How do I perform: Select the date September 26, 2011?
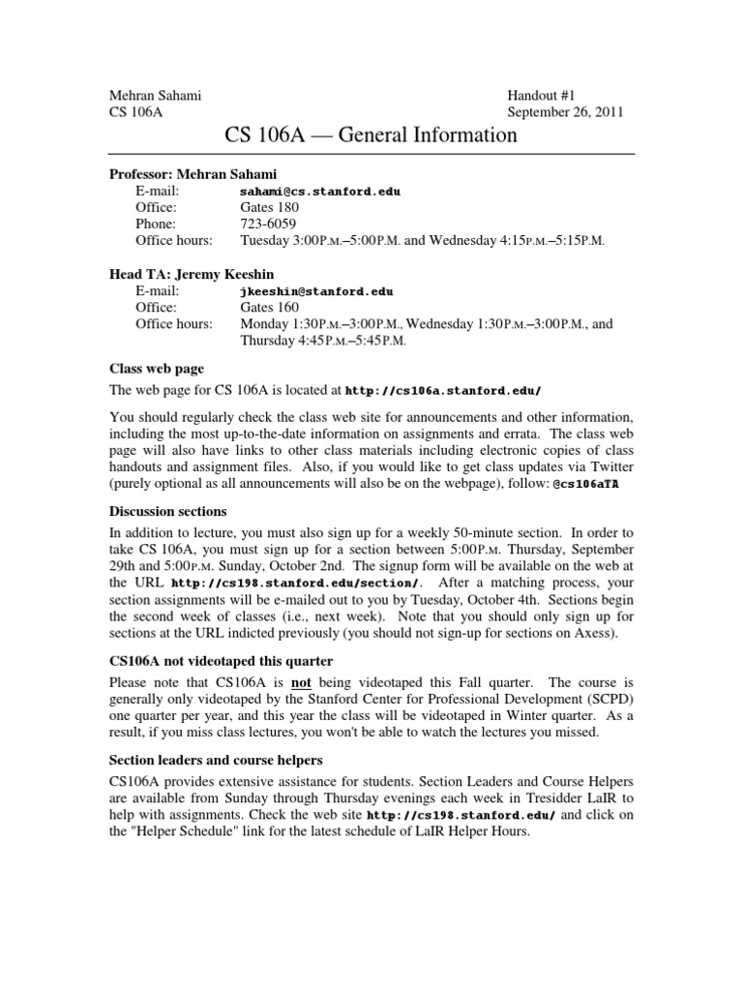coord(566,112)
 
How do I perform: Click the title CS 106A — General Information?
coord(371,135)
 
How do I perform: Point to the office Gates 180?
coord(270,207)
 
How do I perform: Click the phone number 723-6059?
coord(266,224)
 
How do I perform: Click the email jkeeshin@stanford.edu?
coord(316,290)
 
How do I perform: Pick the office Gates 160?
coord(270,307)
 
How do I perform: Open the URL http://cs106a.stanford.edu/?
coord(443,391)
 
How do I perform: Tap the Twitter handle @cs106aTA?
coord(587,484)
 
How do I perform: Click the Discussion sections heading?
coord(167,511)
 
